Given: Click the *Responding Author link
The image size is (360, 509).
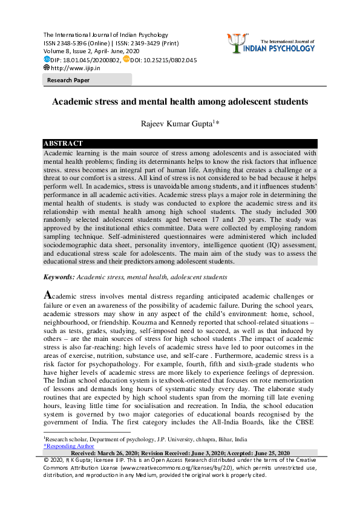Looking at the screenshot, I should pyautogui.click(x=69, y=446).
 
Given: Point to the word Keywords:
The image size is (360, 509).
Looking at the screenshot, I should pyautogui.click(x=59, y=277).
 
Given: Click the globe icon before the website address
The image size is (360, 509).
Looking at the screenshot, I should pyautogui.click(x=47, y=68).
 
